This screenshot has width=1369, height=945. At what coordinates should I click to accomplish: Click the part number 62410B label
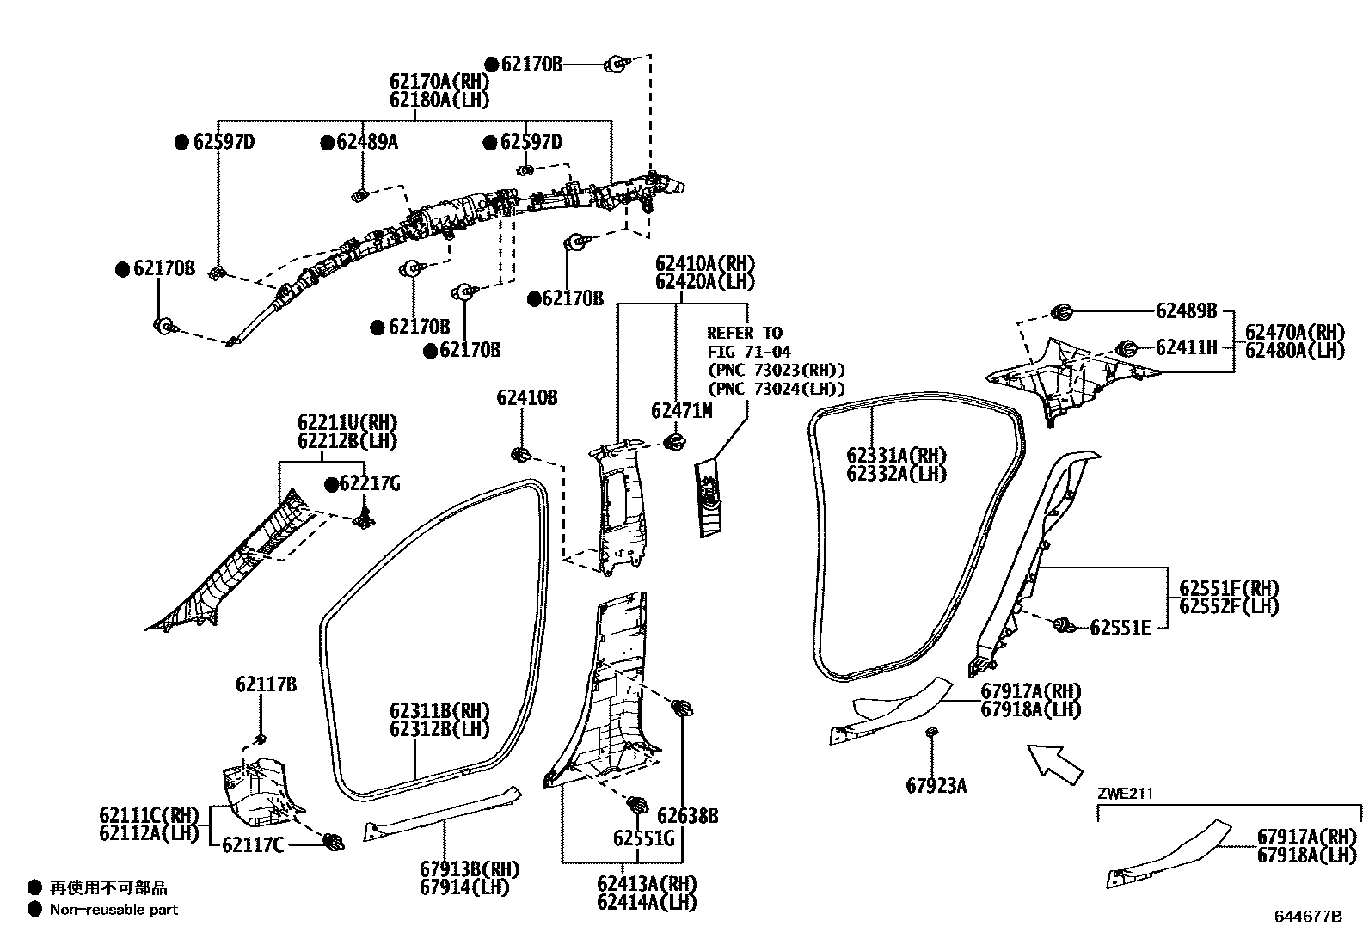click(526, 398)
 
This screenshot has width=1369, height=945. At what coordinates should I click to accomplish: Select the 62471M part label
click(681, 411)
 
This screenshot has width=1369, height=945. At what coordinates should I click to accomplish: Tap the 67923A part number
click(936, 785)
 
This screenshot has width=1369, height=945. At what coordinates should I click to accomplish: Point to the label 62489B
click(1186, 311)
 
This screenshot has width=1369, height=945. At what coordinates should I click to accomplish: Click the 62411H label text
click(1186, 347)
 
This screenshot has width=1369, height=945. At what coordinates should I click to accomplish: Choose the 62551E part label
click(1120, 628)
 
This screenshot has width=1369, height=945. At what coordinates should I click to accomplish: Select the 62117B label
click(266, 684)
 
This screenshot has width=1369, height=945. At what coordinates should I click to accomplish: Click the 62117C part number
click(252, 846)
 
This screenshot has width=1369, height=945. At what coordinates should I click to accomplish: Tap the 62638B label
click(688, 816)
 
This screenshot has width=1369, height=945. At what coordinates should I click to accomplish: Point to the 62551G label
click(643, 838)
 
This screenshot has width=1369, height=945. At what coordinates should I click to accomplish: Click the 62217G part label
click(370, 484)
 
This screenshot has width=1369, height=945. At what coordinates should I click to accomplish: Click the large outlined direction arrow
click(1055, 763)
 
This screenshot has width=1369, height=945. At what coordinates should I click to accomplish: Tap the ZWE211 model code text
click(1125, 794)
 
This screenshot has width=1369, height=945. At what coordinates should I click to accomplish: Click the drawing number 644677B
click(1307, 917)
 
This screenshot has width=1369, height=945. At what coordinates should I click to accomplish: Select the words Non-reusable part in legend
click(114, 909)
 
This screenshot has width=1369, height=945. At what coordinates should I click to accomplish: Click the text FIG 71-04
click(748, 352)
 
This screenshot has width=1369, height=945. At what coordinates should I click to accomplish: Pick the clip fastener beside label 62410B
click(519, 453)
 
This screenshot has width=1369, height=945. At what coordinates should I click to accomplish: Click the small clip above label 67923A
click(931, 732)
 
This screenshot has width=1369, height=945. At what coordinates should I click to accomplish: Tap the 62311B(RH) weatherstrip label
click(439, 711)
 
